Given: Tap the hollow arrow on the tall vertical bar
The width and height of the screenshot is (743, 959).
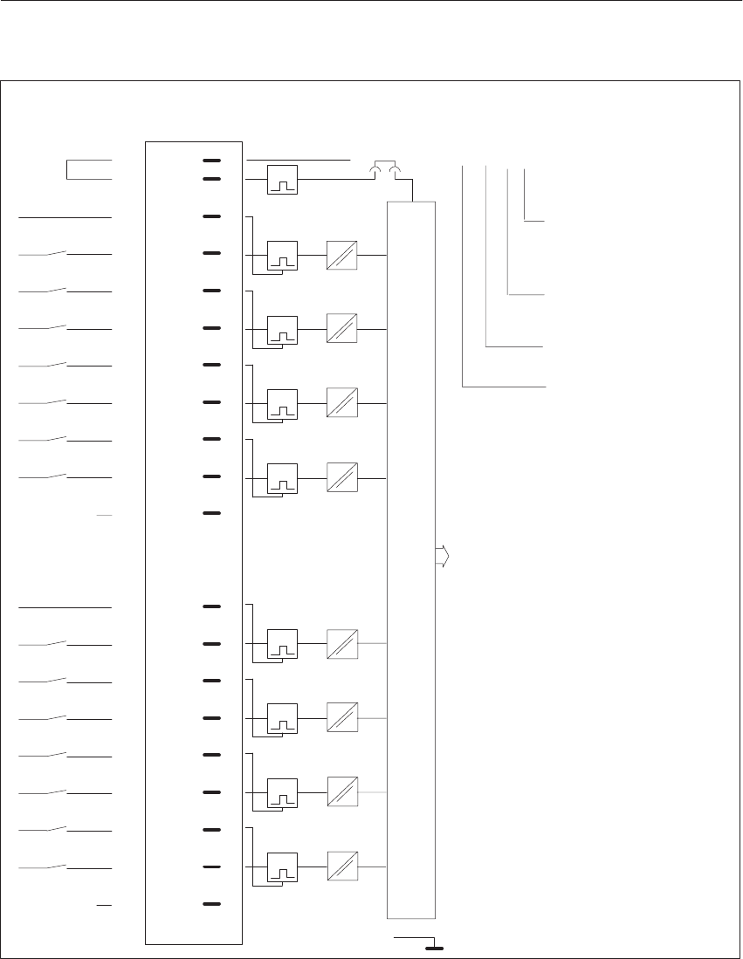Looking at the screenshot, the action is click(442, 556).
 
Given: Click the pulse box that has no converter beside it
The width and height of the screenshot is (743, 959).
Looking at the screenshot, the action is click(282, 181).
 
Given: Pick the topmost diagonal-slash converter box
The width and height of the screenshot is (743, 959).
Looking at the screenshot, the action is click(341, 255).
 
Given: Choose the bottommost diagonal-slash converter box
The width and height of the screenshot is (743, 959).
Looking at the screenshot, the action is click(341, 867).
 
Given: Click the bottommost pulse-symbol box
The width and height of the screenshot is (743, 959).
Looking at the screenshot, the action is click(282, 867).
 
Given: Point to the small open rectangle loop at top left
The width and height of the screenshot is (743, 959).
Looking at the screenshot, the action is click(89, 170).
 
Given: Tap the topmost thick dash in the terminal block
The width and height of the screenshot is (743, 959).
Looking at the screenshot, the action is click(211, 161).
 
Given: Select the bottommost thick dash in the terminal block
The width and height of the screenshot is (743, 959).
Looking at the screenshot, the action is click(211, 904).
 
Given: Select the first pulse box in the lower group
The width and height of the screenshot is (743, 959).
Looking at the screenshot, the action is click(282, 644).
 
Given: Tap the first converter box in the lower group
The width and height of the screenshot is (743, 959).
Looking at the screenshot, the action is click(341, 644).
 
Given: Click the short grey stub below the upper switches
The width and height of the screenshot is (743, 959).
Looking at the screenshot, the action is click(104, 516).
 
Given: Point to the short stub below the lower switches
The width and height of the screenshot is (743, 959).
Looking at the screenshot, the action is click(104, 906).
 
